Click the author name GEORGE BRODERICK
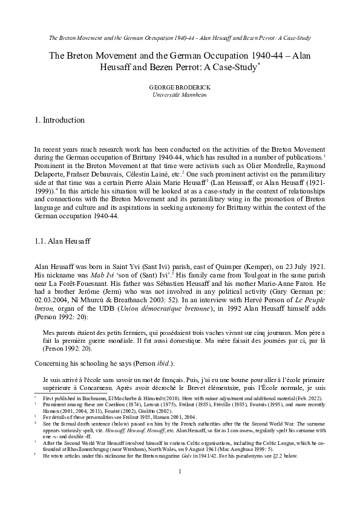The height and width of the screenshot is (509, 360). pos(180,88)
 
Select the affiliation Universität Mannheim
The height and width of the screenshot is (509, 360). pos(180,96)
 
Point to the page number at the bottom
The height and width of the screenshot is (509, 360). pos(180,488)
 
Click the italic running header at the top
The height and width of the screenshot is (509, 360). pos(180,38)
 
